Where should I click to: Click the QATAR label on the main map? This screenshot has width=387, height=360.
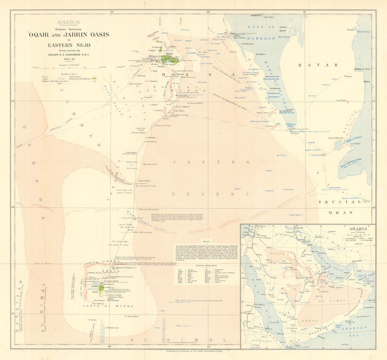point(318,65)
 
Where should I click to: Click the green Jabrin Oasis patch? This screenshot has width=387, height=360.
point(101,288)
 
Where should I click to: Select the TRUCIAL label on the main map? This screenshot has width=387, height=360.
point(339,202)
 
